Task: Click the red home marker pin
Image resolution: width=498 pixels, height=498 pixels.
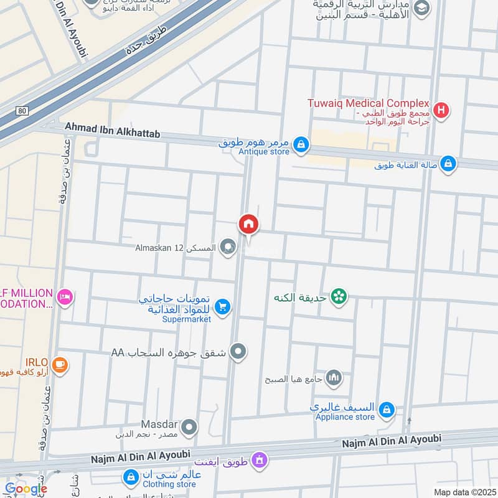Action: pos(248,224)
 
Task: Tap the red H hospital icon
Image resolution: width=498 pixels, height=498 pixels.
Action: pos(441,111)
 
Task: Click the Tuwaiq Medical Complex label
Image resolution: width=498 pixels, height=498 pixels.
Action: pos(369,103)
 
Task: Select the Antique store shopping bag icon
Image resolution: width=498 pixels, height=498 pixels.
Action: pos(301,144)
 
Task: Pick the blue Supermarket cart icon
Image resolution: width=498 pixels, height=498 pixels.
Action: pos(222,306)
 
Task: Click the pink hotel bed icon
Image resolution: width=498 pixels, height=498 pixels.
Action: pos(65,298)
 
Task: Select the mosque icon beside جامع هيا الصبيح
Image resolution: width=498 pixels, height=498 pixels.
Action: pos(334,377)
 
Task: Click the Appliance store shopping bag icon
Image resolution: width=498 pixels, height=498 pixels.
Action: pos(387,410)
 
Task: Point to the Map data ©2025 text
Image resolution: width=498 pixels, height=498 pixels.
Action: pos(464,492)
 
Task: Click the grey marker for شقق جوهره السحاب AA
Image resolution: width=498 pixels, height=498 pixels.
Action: pos(237,353)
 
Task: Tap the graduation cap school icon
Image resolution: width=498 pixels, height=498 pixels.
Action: pos(422,8)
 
